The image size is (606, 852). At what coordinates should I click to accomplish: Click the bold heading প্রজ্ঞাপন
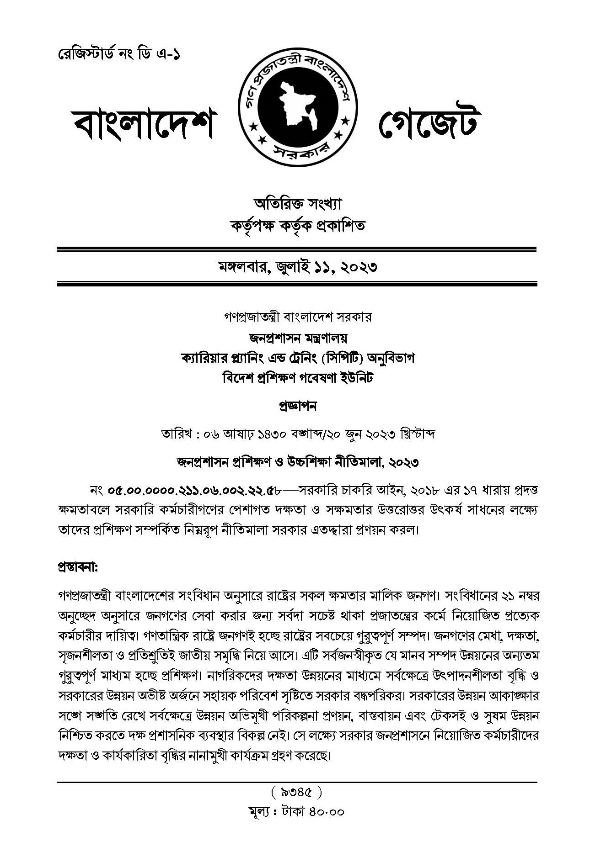point(297,406)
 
